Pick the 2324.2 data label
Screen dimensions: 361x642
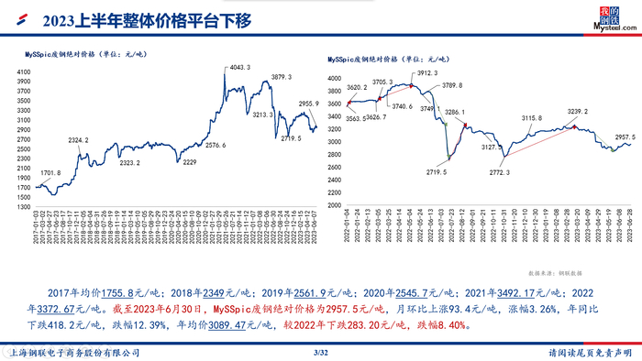(80, 139)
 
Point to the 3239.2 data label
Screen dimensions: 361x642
(578, 111)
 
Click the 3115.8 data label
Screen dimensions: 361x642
(532, 118)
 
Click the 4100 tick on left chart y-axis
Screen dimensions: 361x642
(24, 71)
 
